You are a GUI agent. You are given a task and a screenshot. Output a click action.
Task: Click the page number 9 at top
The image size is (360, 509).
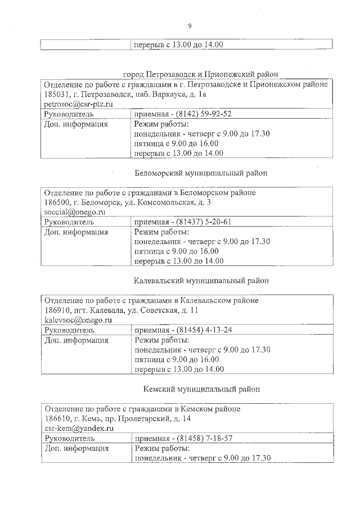tap(189, 25)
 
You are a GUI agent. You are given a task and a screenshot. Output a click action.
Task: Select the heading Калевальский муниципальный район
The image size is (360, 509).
tap(201, 280)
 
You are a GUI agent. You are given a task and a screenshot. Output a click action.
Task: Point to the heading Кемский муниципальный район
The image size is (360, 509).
tap(201, 389)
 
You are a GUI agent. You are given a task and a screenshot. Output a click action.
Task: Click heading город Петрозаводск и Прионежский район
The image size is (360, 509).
tap(201, 74)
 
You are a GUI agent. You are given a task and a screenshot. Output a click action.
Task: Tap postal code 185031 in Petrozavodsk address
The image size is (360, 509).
tap(57, 94)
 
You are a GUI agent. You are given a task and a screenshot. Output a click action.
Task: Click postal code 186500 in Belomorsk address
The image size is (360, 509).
tap(57, 202)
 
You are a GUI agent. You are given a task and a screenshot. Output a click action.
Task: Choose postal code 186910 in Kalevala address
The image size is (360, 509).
tap(57, 310)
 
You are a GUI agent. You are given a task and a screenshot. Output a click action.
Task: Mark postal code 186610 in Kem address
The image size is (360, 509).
tap(57, 418)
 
